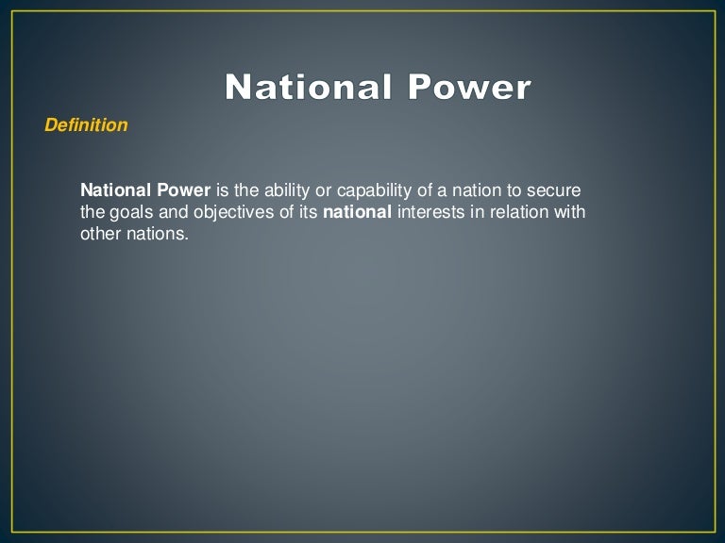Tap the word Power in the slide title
coord(469,88)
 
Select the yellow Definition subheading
coord(86,125)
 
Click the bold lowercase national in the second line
coord(357,212)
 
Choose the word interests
coord(429,212)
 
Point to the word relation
coord(518,212)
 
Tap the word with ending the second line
coord(570,212)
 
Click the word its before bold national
coord(307,212)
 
